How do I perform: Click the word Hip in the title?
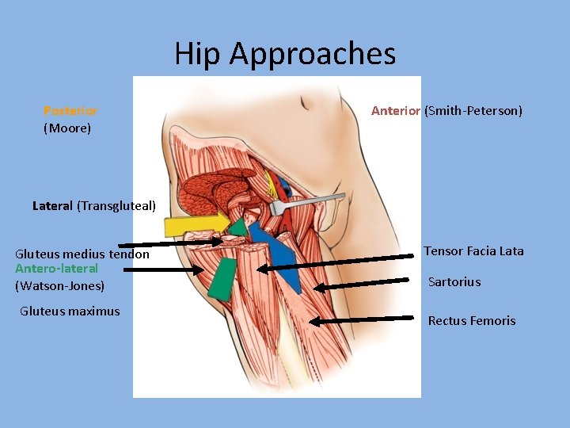point(198,54)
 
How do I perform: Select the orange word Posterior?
point(70,111)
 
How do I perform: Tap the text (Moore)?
point(67,127)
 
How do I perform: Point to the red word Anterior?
point(396,111)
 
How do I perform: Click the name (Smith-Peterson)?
point(473,111)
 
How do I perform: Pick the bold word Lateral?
point(52,206)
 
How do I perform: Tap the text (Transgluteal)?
point(116,206)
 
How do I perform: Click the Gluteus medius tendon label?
point(82,254)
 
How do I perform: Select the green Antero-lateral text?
point(56,269)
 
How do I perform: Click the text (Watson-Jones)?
point(59,285)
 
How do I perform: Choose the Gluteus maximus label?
point(70,311)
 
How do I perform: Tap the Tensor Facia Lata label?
point(473,251)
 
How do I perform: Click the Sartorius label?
point(454,282)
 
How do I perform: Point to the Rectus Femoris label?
point(472,321)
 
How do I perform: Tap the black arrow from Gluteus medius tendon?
point(170,243)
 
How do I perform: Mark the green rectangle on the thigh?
point(222,277)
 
